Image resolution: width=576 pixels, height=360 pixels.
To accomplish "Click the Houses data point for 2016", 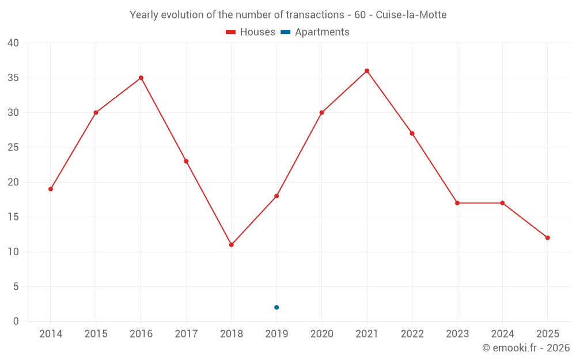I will [141, 78].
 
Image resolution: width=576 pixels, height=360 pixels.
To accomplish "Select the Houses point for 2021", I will [367, 71].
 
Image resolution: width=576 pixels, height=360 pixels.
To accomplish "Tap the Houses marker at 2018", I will [232, 245].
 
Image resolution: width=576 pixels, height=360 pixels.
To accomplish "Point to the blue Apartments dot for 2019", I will [276, 308].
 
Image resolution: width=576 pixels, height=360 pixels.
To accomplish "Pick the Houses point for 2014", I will [51, 189].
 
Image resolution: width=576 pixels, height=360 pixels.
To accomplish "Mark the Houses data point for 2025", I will [547, 238].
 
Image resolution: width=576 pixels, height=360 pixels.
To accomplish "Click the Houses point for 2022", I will [412, 134].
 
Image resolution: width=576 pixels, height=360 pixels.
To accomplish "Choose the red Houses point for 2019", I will [276, 196].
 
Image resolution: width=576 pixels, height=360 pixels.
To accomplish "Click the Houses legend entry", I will [251, 32].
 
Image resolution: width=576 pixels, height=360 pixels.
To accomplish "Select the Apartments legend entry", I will [315, 32].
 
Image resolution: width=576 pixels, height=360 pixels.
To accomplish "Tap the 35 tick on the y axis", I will [13, 78].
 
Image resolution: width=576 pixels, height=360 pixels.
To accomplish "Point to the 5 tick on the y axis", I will [16, 287].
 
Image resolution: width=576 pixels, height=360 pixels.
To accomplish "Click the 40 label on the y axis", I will [13, 43].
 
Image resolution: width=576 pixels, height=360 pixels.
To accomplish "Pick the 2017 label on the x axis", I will [186, 334].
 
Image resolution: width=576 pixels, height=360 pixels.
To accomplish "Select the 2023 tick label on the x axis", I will [457, 334].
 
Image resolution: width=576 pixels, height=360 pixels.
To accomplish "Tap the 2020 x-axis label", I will [321, 334].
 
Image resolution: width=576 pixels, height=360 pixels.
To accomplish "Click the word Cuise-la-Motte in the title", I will [411, 15].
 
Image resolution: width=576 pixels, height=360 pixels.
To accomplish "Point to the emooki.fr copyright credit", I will [525, 348].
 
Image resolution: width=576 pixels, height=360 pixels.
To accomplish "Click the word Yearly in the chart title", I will [145, 15].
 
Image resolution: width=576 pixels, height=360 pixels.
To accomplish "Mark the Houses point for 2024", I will [502, 203].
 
